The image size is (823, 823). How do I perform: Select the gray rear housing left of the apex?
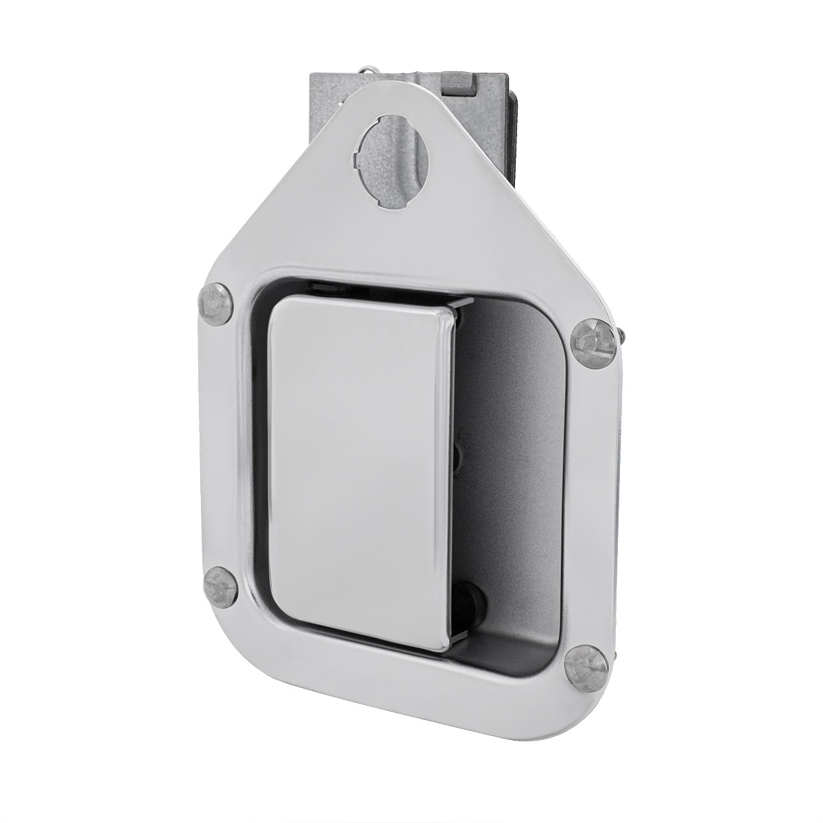coord(322,103)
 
